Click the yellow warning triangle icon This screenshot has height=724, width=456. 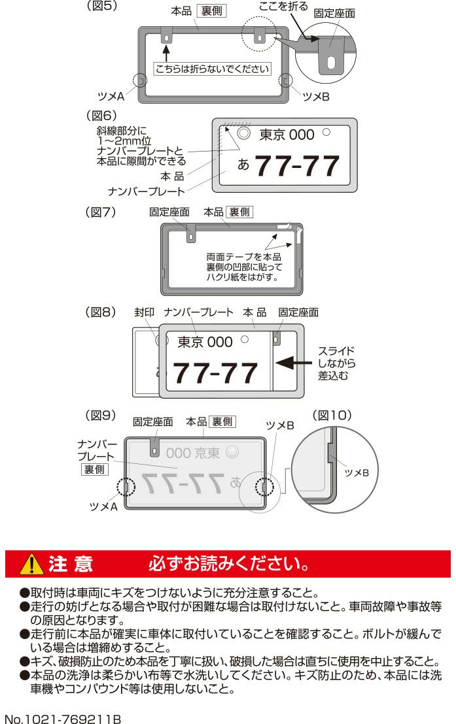point(31,564)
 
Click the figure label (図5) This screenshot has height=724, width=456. point(102,6)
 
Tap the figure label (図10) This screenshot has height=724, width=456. point(332,415)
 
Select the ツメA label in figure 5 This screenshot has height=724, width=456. point(111,97)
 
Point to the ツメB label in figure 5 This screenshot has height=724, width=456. point(316,97)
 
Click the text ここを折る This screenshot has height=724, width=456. point(283,7)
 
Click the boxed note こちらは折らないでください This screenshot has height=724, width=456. point(212,69)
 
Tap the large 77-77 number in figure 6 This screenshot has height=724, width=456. point(297,166)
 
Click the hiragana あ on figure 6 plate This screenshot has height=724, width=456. point(243,165)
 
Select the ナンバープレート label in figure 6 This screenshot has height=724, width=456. point(146,191)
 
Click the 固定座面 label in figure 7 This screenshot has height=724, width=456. point(169,212)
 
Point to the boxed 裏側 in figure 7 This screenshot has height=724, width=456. point(239,212)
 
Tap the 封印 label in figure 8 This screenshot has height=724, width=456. point(144,312)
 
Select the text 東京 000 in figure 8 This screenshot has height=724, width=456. point(205,342)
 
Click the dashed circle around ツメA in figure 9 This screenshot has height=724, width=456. point(126,487)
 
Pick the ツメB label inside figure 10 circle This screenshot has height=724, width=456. point(357,473)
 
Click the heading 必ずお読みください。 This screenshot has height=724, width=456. point(228,564)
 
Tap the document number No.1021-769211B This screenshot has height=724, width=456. point(63,719)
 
